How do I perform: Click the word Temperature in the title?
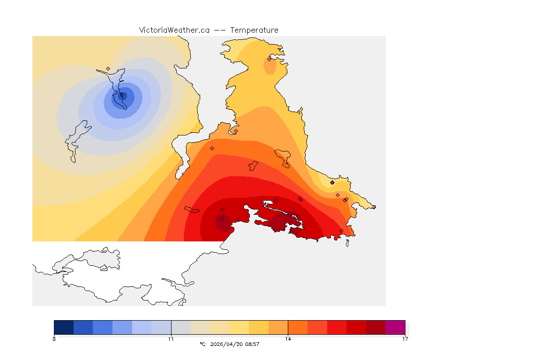254,30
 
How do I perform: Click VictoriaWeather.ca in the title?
174,30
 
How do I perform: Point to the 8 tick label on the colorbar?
54,338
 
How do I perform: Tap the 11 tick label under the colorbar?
171,338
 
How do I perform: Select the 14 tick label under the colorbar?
288,338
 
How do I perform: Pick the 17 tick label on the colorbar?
405,338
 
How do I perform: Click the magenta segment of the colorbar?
395,327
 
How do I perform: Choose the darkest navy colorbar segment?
64,327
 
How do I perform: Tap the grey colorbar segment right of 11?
180,327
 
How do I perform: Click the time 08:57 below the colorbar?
251,344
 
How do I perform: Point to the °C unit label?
202,344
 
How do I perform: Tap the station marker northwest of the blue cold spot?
108,68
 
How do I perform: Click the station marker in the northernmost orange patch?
270,59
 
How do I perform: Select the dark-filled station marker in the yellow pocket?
332,182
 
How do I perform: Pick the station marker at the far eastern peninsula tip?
374,207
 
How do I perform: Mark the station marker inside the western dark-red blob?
222,218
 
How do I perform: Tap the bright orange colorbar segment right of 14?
297,327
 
